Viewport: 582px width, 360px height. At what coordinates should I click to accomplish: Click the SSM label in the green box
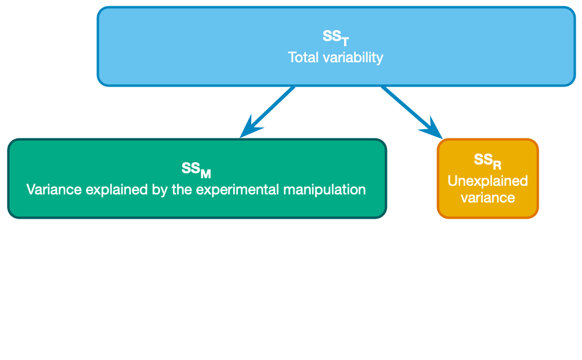[196, 170]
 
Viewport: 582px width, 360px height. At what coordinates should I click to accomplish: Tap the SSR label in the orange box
[487, 160]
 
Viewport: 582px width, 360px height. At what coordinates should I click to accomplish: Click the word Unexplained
[488, 181]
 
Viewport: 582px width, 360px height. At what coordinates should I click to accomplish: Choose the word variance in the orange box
[488, 197]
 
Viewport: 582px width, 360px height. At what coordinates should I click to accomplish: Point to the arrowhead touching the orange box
[433, 130]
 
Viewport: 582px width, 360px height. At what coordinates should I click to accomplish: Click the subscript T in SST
[345, 41]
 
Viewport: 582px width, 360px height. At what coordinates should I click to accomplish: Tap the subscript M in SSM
[206, 173]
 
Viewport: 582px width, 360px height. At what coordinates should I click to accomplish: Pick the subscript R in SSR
[497, 164]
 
